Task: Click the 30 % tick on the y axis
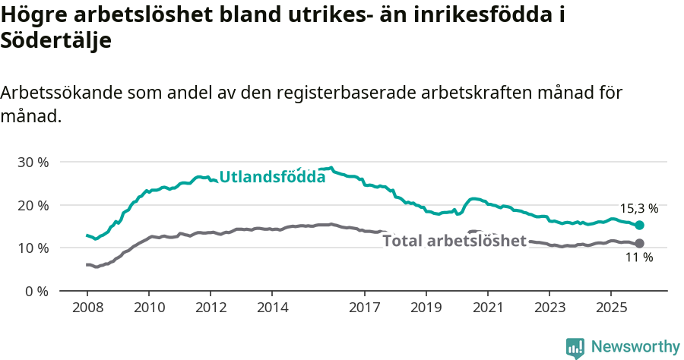[x=33, y=162]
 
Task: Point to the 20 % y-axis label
[x=33, y=205]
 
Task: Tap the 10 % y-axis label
[x=33, y=248]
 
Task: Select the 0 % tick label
[x=36, y=291]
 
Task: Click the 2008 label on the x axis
[x=87, y=308]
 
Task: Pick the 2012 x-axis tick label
[x=210, y=308]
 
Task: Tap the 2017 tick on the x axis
[x=364, y=308]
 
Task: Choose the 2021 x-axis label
[x=487, y=308]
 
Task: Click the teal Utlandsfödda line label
[x=272, y=177]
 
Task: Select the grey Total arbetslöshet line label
[x=454, y=241]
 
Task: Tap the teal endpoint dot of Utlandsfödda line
[x=640, y=225]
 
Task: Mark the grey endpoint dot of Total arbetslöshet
[x=640, y=243]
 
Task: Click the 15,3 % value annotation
[x=639, y=208]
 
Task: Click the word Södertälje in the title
[x=56, y=41]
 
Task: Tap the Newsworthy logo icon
[x=575, y=348]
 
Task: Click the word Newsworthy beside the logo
[x=635, y=347]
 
